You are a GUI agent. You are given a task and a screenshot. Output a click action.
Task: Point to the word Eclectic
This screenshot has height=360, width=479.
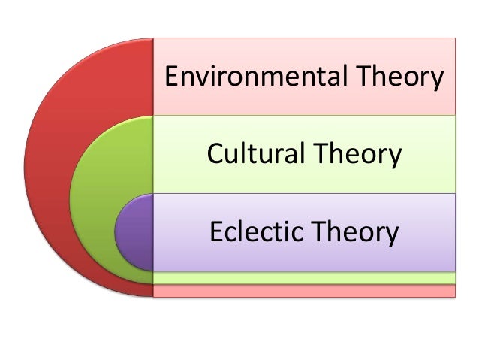(255, 232)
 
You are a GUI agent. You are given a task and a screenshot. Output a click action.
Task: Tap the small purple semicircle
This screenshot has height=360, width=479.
(134, 232)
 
